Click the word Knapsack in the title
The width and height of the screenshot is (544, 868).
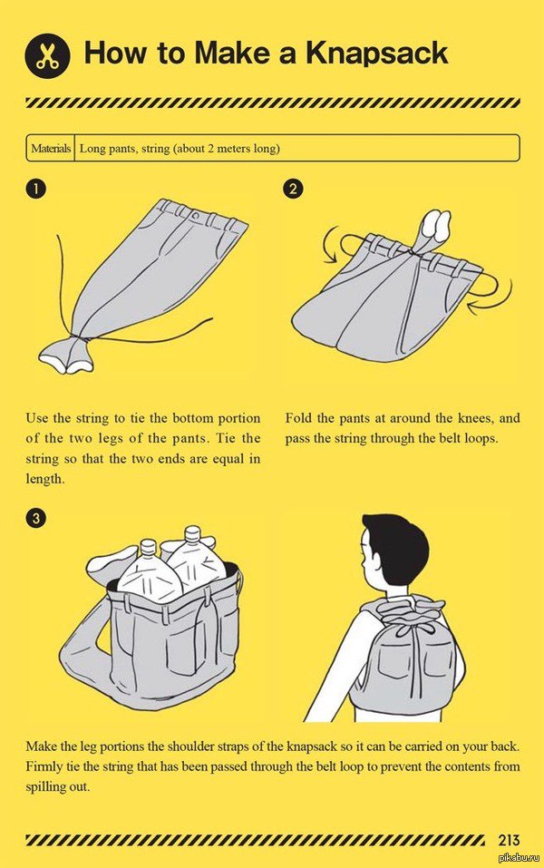(x=377, y=54)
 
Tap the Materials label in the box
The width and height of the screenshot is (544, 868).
(x=51, y=149)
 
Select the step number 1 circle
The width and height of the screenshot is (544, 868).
(x=34, y=189)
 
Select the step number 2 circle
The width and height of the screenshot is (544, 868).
(x=293, y=189)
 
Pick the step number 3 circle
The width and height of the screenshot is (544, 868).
(x=34, y=518)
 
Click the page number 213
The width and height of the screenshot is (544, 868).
(x=509, y=840)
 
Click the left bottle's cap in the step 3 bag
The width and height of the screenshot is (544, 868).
(x=148, y=548)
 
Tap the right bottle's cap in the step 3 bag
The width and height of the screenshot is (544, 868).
(x=192, y=533)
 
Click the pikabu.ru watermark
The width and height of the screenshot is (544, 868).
(x=520, y=858)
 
